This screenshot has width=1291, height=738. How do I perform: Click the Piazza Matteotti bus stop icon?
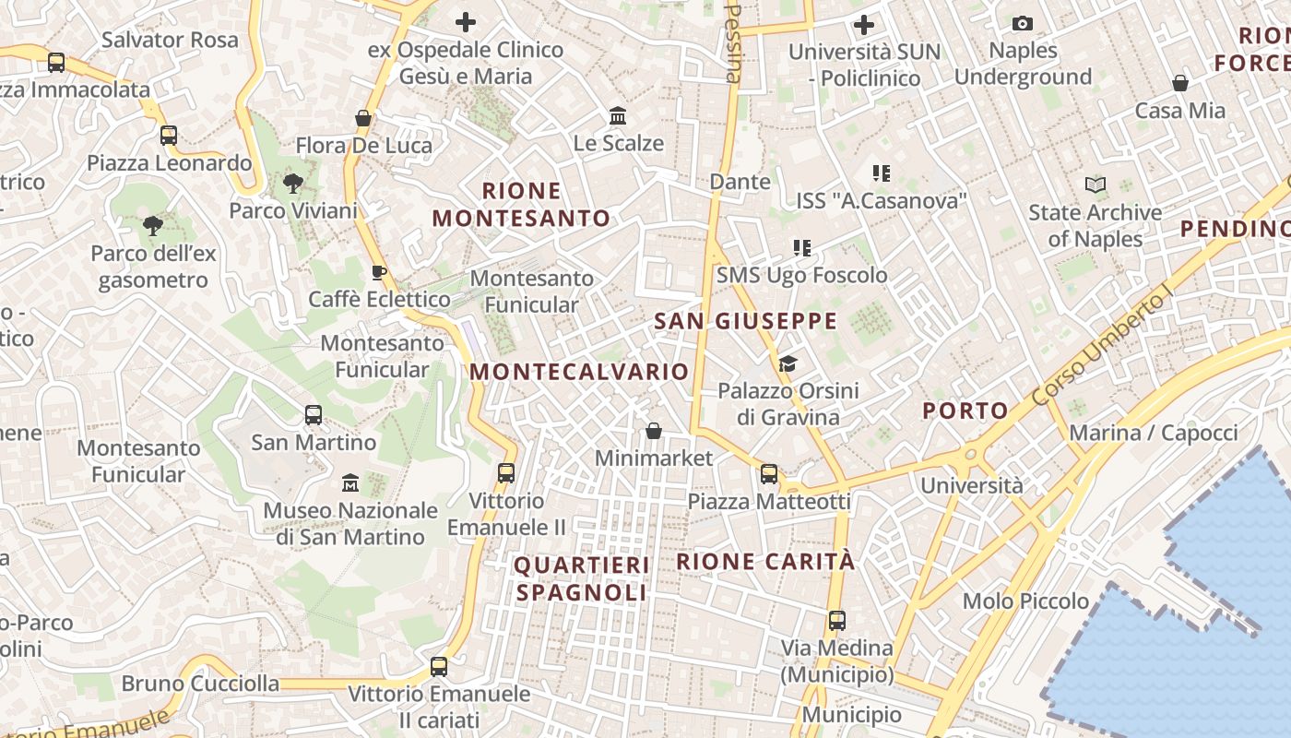[x=768, y=474]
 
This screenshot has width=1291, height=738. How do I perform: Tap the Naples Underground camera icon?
[x=1022, y=24]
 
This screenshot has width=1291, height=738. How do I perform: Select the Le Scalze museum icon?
[x=618, y=116]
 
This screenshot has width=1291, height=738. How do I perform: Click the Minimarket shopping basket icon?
[x=653, y=431]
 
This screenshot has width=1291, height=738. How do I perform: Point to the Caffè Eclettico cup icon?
[x=378, y=272]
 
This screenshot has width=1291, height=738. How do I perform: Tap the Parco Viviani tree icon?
[x=293, y=184]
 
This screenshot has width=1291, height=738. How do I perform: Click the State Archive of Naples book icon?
[x=1095, y=185]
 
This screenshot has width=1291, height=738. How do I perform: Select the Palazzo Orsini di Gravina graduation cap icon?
[x=787, y=363]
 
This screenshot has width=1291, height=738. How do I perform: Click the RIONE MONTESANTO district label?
[x=522, y=205]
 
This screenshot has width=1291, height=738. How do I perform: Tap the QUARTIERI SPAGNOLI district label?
[x=582, y=578]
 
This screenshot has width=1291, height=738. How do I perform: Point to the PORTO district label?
[x=965, y=411]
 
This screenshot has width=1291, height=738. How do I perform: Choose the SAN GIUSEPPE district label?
[x=745, y=322]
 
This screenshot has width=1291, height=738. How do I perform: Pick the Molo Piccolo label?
[x=1025, y=601]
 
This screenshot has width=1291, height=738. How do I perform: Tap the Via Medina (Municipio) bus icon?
[x=836, y=621]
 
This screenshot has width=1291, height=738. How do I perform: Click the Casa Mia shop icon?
[x=1179, y=84]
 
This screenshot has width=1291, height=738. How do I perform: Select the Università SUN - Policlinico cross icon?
[x=864, y=24]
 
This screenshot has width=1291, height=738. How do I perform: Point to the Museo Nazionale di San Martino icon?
[x=350, y=482]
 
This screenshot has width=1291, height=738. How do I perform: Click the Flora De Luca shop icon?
[x=363, y=119]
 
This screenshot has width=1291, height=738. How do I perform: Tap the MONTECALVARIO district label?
[x=579, y=372]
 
